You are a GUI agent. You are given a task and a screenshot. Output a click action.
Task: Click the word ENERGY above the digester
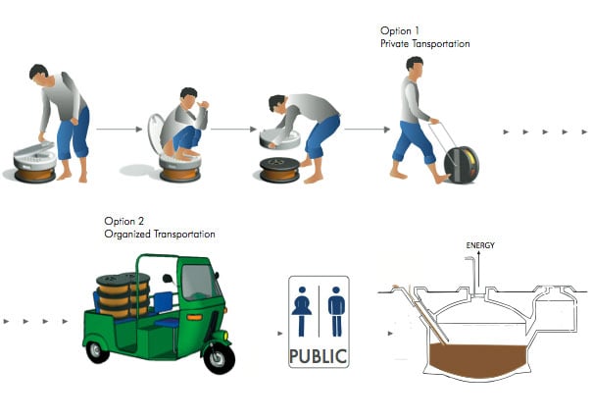coord(480,245)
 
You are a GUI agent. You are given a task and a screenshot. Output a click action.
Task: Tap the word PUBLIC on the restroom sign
coord(318,356)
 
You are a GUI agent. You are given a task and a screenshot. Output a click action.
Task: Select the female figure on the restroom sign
coord(302,311)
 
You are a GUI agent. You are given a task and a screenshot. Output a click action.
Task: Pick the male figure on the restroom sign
coord(336,311)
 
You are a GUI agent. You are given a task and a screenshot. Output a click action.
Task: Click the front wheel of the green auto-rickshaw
coord(219,357)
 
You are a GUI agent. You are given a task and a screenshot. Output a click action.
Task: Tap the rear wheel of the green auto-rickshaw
coord(97,352)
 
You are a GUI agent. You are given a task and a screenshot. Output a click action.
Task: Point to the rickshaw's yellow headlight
coord(225,336)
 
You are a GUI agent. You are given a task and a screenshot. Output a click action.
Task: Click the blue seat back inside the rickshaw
coord(163,302)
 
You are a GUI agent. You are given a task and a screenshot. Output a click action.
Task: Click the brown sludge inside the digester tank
coord(477,357)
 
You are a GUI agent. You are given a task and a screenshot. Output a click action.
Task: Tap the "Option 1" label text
coord(400,30)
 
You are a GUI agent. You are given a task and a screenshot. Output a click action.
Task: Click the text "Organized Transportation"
coord(160,235)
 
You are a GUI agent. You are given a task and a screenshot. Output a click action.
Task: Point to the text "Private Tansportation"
coord(425,44)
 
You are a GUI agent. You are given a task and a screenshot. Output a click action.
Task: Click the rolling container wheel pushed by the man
coord(462,165)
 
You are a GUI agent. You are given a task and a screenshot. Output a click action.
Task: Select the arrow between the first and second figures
coord(120,130)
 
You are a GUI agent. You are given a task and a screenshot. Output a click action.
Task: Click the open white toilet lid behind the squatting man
coord(155,132)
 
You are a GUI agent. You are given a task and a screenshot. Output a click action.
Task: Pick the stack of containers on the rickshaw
coord(123,295)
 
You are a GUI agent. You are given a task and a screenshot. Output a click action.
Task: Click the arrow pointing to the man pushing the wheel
coord(367,130)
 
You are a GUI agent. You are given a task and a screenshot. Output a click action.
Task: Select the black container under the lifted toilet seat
coord(280,170)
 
